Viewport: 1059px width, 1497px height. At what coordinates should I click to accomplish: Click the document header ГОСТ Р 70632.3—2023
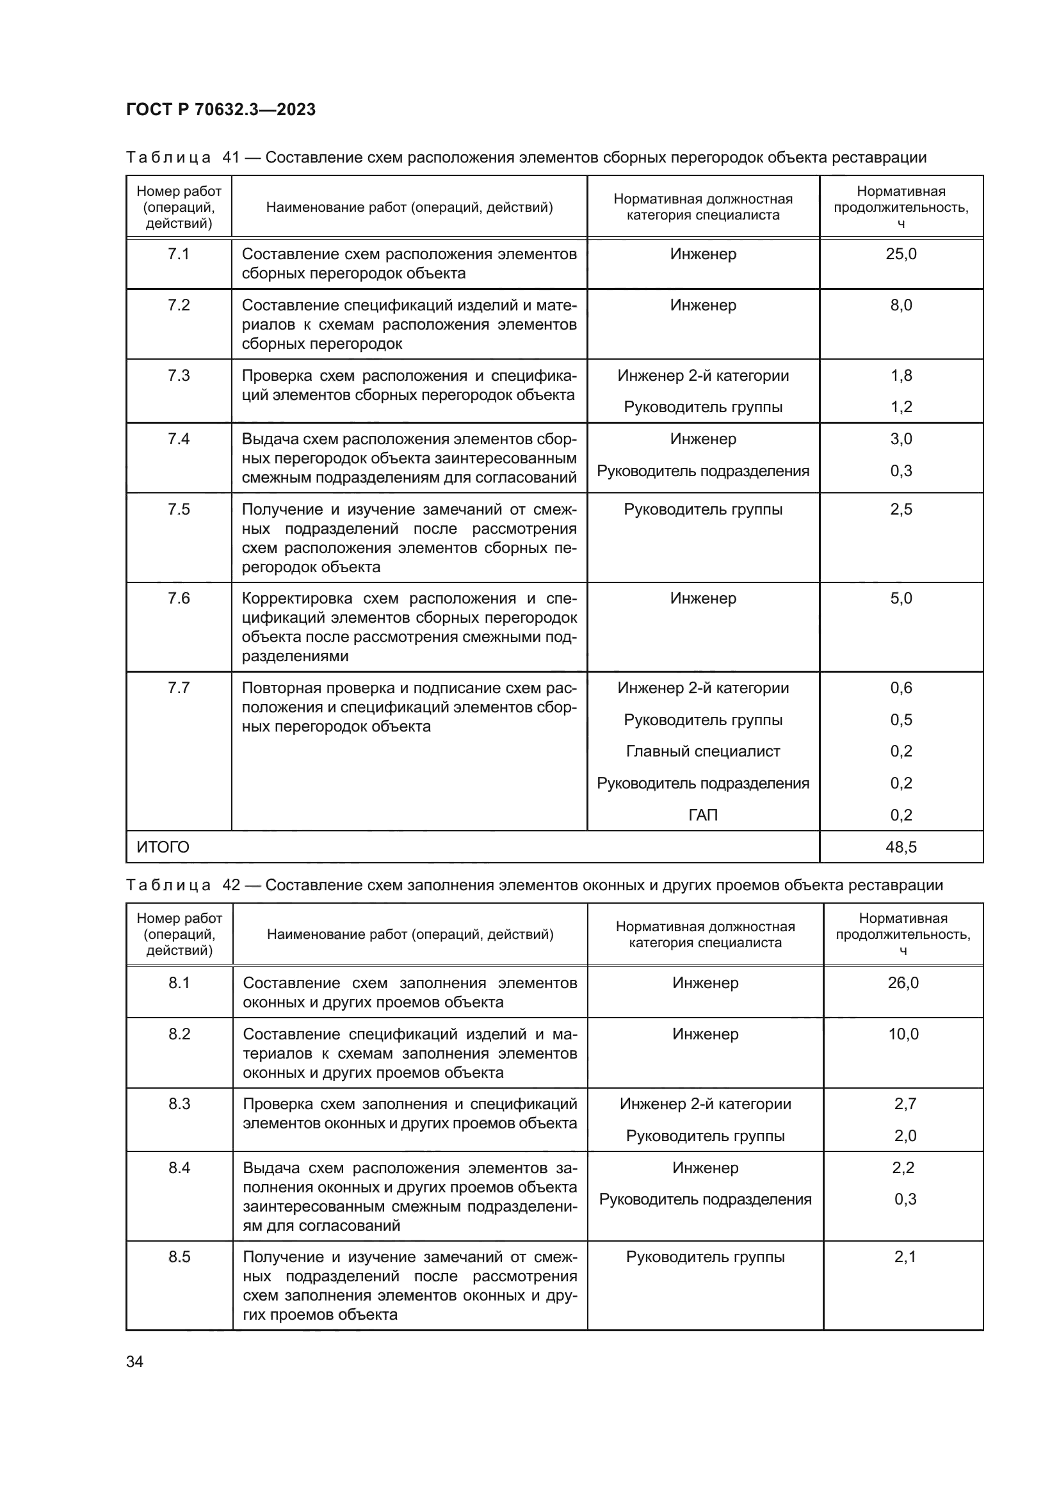click(220, 109)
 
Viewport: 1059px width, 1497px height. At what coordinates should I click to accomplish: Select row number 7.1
click(179, 254)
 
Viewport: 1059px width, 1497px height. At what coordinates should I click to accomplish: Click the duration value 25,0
click(901, 254)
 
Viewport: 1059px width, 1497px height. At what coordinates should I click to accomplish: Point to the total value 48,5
click(901, 847)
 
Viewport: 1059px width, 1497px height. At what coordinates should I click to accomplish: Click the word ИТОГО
click(163, 847)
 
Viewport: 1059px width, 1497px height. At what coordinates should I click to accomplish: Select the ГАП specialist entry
click(702, 815)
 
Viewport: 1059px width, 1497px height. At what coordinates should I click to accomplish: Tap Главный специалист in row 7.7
click(702, 751)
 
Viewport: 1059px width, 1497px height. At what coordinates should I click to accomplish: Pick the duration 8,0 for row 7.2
click(901, 305)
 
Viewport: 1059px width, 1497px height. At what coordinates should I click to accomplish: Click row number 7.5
click(179, 509)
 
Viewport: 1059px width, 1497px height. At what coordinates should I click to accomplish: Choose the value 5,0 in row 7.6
click(901, 598)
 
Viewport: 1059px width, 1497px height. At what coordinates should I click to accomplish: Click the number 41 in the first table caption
click(232, 158)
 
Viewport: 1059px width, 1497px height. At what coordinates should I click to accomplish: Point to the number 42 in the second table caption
click(232, 885)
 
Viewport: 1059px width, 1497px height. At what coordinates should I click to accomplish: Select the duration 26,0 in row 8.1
click(903, 982)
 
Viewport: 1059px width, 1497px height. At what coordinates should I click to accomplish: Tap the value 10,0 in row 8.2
click(903, 1034)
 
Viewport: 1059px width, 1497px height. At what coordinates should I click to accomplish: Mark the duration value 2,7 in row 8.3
click(905, 1104)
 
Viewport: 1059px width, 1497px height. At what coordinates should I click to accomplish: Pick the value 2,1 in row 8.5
click(905, 1257)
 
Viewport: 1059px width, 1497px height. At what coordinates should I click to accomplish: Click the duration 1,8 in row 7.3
click(901, 376)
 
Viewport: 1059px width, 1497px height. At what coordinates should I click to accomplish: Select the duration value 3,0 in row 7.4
click(901, 439)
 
